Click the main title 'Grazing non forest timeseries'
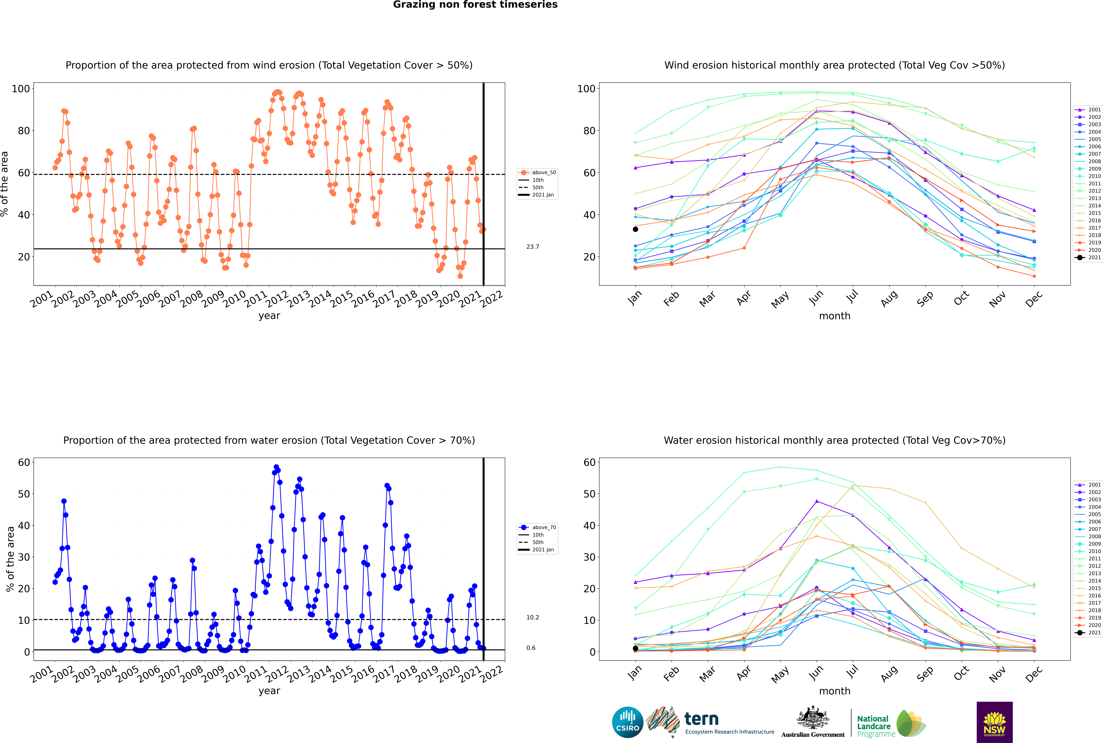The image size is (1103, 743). (x=475, y=5)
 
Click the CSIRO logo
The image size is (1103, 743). (x=627, y=722)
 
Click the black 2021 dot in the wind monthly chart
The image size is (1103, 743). (x=635, y=229)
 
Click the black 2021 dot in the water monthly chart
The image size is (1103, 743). (x=635, y=648)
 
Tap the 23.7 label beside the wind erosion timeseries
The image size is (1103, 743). (x=532, y=247)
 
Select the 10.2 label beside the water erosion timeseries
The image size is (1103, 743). (x=532, y=617)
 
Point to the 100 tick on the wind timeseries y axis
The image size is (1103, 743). (x=21, y=89)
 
